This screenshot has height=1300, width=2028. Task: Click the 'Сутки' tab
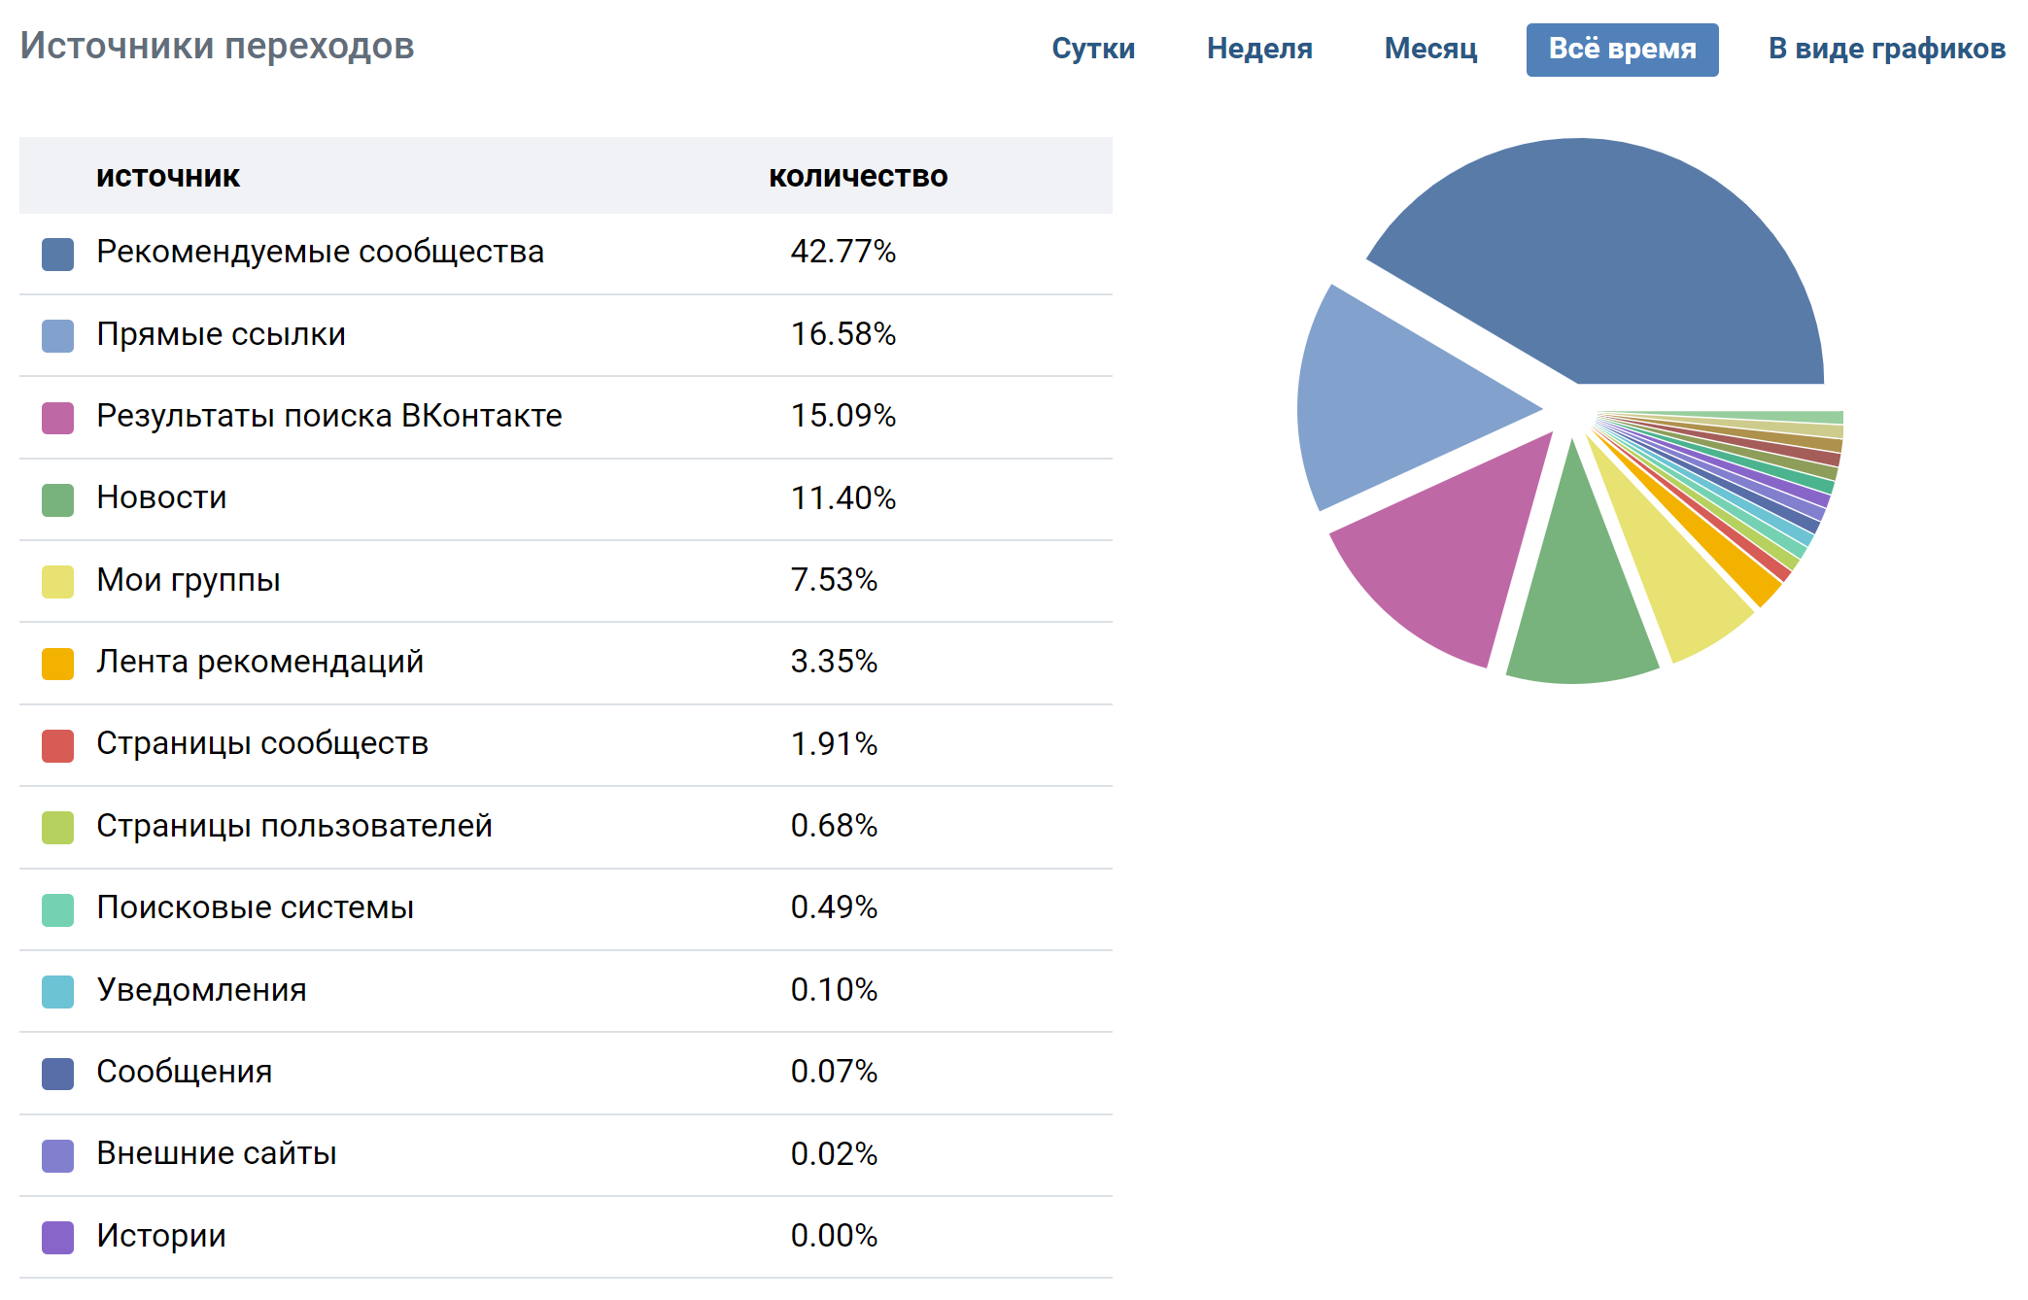pos(1093,49)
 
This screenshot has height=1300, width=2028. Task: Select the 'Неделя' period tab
pos(1259,49)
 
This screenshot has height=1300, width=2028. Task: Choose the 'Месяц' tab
pos(1430,49)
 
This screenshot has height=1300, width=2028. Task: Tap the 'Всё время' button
pos(1622,50)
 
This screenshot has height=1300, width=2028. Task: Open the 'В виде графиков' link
pos(1886,49)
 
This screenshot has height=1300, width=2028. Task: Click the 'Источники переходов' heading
pos(217,46)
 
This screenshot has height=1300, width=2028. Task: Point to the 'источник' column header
pos(167,176)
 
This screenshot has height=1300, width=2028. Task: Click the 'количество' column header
pos(858,176)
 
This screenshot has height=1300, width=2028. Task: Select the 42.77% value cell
pos(842,252)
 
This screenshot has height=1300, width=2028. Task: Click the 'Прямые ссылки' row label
pos(221,334)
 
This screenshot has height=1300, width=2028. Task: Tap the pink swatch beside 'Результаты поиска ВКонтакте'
pos(58,419)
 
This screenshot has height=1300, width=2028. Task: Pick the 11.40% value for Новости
pos(842,498)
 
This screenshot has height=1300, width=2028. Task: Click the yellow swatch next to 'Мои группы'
pos(58,582)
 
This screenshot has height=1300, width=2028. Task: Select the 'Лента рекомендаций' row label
pos(259,662)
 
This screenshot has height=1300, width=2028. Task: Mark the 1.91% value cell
pos(834,744)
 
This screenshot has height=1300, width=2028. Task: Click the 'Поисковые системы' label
pos(255,907)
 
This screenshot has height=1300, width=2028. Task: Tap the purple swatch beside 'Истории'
pos(58,1238)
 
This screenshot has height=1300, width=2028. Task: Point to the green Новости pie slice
pos(1579,602)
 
